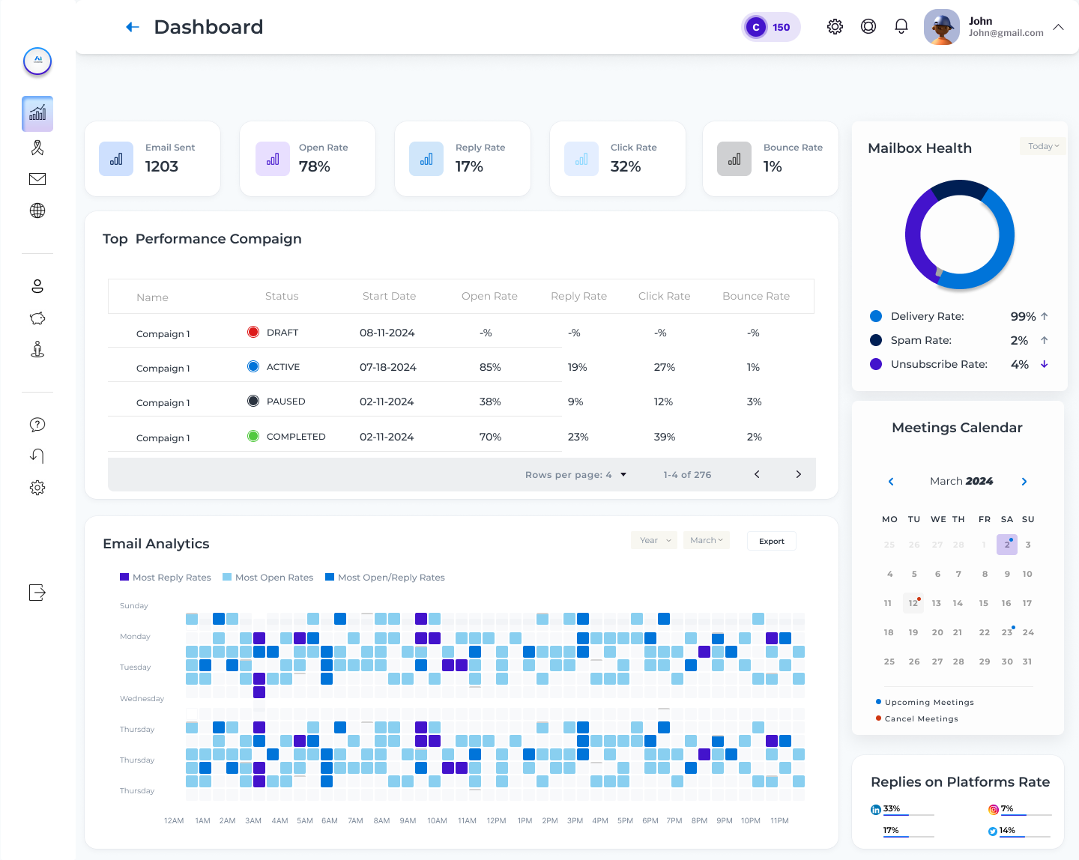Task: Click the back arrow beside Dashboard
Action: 133,27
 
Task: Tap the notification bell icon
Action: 901,27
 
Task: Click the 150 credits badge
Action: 771,27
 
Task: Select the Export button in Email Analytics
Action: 771,541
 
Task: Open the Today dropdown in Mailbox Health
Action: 1042,146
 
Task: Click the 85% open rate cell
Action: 490,367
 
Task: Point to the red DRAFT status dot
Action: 253,332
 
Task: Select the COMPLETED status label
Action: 296,437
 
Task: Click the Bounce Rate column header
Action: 755,296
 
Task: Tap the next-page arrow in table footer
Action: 798,474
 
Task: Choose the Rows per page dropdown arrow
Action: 623,474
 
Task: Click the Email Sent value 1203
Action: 162,166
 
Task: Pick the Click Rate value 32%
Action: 626,166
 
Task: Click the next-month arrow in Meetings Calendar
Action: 1024,482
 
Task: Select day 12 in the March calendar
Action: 913,603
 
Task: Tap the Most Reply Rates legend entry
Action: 166,578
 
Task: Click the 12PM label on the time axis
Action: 496,821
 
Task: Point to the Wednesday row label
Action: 142,699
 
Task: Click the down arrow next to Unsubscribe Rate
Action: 1044,364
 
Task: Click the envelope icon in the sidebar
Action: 37,179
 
